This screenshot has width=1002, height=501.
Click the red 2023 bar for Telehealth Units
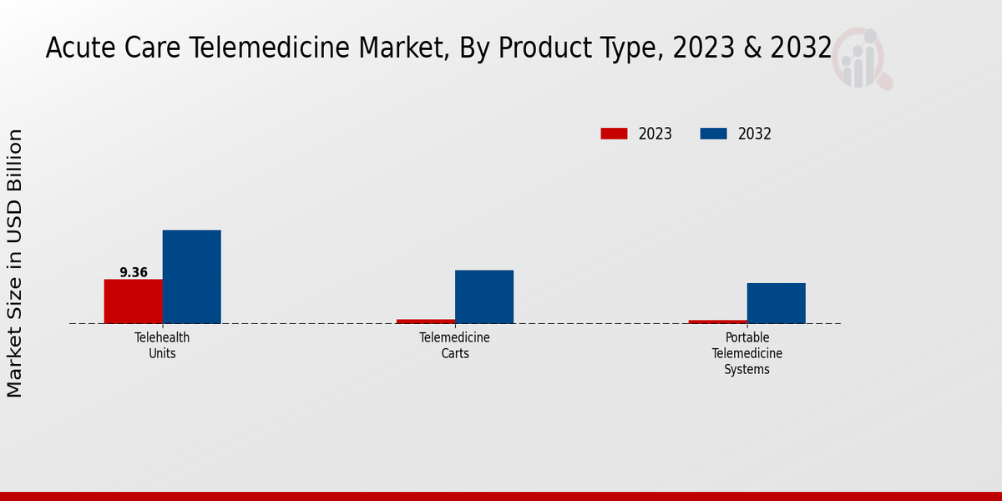coord(133,301)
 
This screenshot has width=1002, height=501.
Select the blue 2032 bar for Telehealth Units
coord(191,276)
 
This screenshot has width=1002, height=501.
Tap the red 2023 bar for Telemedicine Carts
coord(426,321)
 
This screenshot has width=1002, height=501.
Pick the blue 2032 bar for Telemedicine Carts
coord(484,296)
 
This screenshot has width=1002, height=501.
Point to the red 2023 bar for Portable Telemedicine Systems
coord(718,321)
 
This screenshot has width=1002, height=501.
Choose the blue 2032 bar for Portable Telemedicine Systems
coord(777,303)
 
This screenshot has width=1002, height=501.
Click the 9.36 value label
coord(134,272)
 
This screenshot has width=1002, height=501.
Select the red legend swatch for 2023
coord(614,134)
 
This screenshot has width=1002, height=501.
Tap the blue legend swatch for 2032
coord(713,134)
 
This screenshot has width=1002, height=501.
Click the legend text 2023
coord(655,134)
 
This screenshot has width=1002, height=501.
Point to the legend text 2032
coord(755,134)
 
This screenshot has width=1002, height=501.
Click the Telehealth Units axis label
coord(162,346)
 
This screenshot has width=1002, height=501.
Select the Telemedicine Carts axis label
coord(455,346)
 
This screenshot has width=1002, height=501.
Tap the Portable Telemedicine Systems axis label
coord(747,353)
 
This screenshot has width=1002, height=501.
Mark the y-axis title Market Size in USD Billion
coord(16,263)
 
